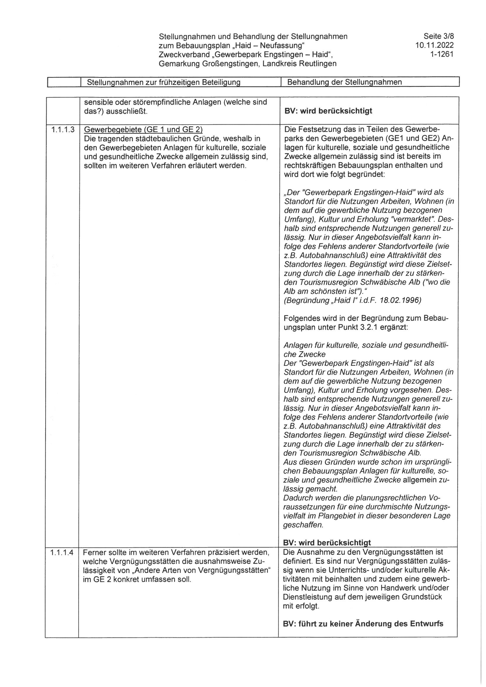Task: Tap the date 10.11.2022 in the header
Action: pos(435,46)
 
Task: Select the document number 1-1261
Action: pos(442,54)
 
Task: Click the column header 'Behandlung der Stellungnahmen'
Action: pos(344,82)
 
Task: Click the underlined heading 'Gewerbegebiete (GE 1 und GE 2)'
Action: pos(143,130)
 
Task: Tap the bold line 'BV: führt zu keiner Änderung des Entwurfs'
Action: pos(363,624)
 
